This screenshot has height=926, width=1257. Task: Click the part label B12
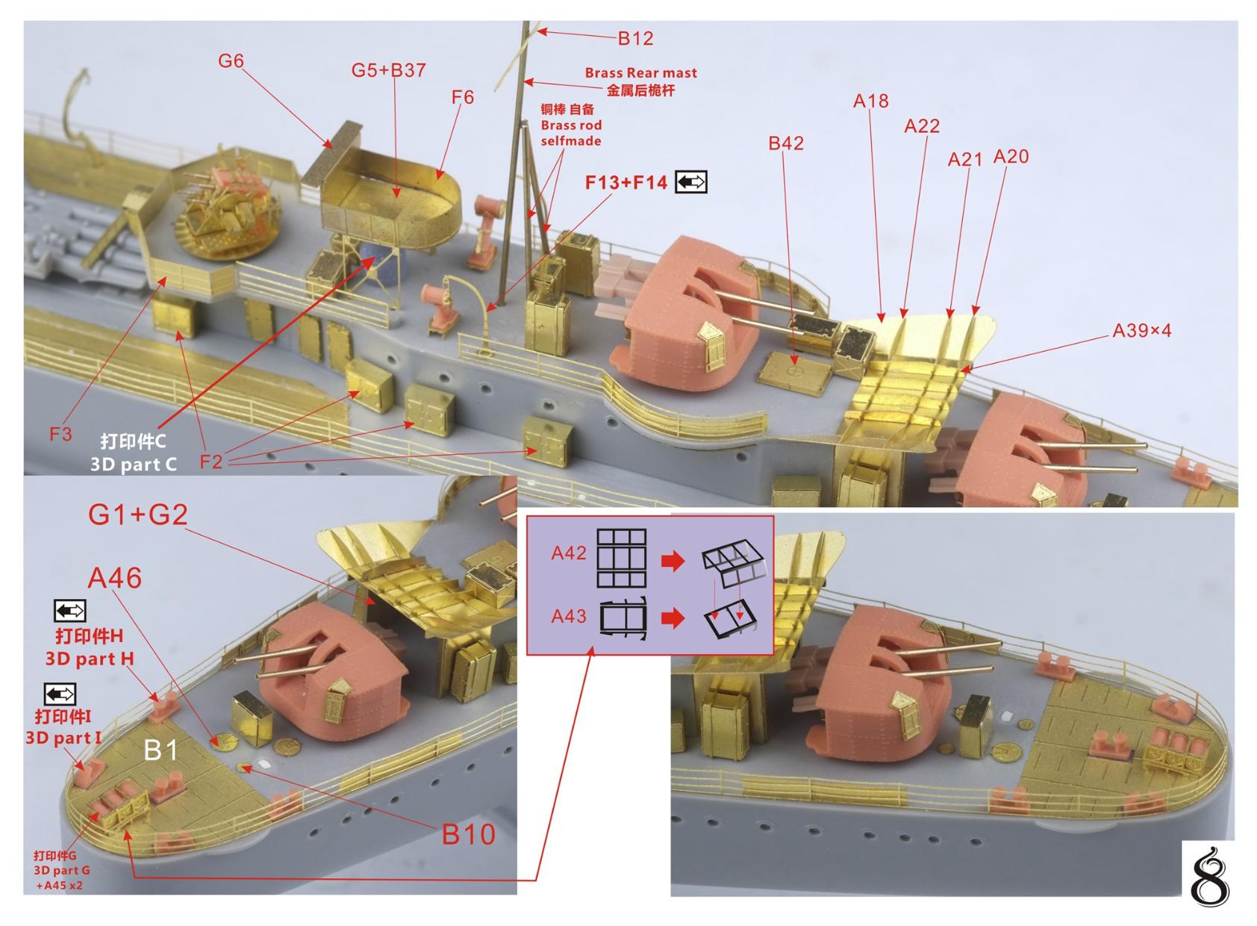click(x=635, y=38)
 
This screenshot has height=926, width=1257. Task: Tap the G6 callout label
click(x=231, y=60)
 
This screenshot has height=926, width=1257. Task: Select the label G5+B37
click(x=388, y=70)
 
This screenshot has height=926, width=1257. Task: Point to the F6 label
click(x=462, y=97)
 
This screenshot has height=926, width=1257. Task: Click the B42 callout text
click(x=785, y=143)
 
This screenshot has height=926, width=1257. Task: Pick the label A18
click(x=870, y=101)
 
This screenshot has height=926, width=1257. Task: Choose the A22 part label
click(x=921, y=125)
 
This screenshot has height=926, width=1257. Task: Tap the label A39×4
click(x=1141, y=330)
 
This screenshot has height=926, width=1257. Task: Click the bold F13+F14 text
click(x=626, y=182)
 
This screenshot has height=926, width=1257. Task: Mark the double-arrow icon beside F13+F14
click(x=690, y=182)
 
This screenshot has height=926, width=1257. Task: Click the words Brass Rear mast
click(x=641, y=73)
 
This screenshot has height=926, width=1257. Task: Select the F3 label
click(x=60, y=434)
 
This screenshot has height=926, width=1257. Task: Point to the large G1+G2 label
click(x=138, y=515)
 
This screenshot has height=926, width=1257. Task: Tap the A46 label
click(x=115, y=578)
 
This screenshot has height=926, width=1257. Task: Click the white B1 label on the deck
click(x=160, y=750)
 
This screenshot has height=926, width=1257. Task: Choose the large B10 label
click(x=469, y=834)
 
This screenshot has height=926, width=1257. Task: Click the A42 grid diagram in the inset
click(x=621, y=558)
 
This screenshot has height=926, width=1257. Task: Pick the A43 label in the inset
click(x=569, y=617)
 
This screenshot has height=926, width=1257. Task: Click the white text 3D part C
click(x=134, y=464)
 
